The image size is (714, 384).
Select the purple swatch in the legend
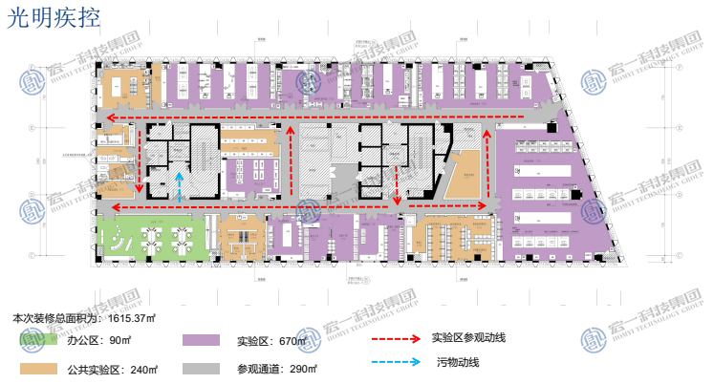(201, 340)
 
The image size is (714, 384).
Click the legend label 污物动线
(458, 362)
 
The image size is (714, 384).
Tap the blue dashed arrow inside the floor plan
(180, 186)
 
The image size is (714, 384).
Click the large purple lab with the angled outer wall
(554, 191)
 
